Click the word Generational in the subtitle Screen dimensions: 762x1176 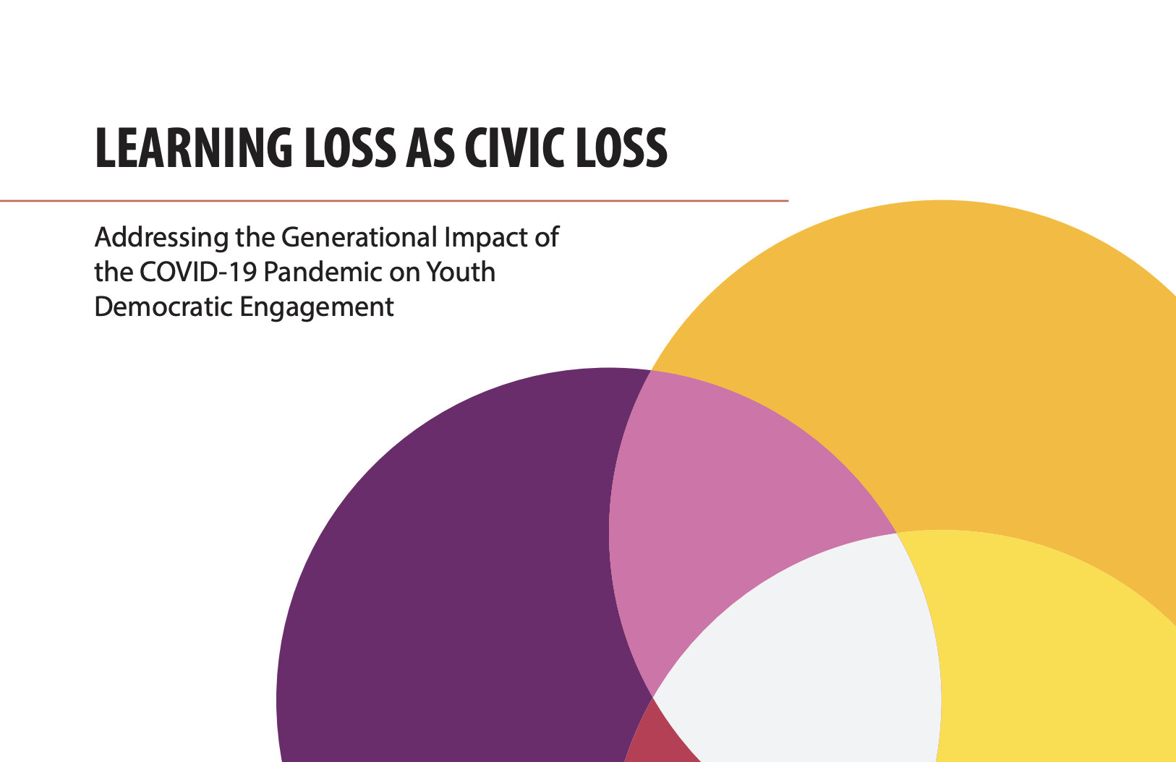[x=359, y=237]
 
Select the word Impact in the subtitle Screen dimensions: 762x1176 [x=479, y=237]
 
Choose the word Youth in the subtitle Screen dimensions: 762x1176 [x=461, y=273]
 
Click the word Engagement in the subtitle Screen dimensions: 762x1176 [x=317, y=307]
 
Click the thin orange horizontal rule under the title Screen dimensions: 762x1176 [x=394, y=200]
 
